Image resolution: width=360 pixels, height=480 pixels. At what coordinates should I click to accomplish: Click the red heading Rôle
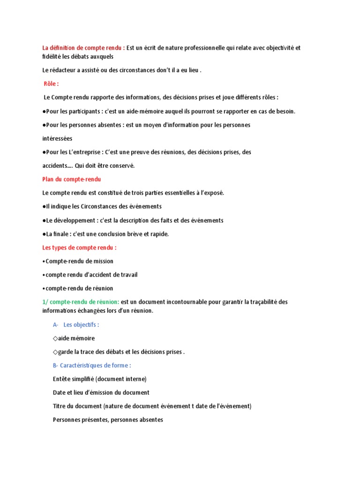coord(51,84)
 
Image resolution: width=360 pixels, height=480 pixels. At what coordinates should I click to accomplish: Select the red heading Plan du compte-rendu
coord(72,179)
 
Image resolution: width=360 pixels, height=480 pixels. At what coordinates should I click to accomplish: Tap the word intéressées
coord(57,138)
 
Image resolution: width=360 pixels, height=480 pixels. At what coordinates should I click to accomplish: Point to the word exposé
coord(214,193)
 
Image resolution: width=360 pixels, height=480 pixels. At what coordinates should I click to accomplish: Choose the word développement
coord(73,220)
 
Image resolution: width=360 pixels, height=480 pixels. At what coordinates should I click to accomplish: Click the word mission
coord(103,261)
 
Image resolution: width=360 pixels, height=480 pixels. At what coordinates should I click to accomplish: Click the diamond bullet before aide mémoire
coord(56,338)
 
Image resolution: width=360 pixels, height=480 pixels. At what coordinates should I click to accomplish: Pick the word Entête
coord(62,379)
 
